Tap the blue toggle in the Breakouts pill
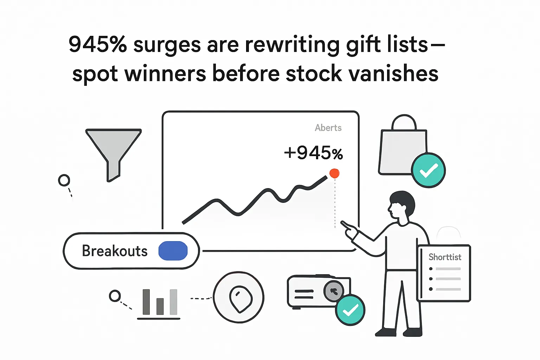tap(173, 251)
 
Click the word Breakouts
tap(115, 251)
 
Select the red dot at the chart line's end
tap(334, 173)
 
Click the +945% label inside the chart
tap(313, 153)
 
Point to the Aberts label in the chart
tap(328, 128)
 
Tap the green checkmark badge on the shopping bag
tap(428, 171)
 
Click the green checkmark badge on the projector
tap(350, 310)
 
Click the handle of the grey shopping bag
tap(404, 122)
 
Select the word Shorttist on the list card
tap(445, 257)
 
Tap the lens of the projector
tap(334, 291)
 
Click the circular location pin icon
tap(239, 297)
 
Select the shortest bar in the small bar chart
tap(160, 306)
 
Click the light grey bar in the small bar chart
tap(173, 302)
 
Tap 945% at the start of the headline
tap(98, 45)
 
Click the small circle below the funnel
tap(64, 180)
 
